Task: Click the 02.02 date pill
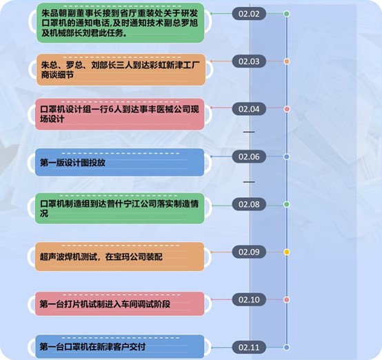pyautogui.click(x=249, y=14)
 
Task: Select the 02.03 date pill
pyautogui.click(x=249, y=61)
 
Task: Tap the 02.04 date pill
pyautogui.click(x=249, y=109)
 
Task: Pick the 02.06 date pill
pyautogui.click(x=249, y=157)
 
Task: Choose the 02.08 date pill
pyautogui.click(x=249, y=204)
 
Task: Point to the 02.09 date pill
pyautogui.click(x=249, y=252)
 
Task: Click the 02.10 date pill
pyautogui.click(x=249, y=299)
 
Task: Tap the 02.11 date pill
pyautogui.click(x=249, y=347)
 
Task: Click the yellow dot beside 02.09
pyautogui.click(x=287, y=252)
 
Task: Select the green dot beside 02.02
pyautogui.click(x=287, y=14)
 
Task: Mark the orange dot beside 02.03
pyautogui.click(x=287, y=61)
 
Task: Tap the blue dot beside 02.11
pyautogui.click(x=287, y=347)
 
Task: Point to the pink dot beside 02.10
pyautogui.click(x=287, y=299)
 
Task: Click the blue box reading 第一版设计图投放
pyautogui.click(x=119, y=162)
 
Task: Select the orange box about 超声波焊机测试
pyautogui.click(x=119, y=257)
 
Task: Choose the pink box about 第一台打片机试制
pyautogui.click(x=119, y=303)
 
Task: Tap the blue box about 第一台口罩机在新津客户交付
pyautogui.click(x=119, y=346)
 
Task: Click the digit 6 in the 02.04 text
pyautogui.click(x=111, y=110)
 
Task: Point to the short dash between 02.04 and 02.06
pyautogui.click(x=249, y=132)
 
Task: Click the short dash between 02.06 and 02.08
pyautogui.click(x=249, y=182)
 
